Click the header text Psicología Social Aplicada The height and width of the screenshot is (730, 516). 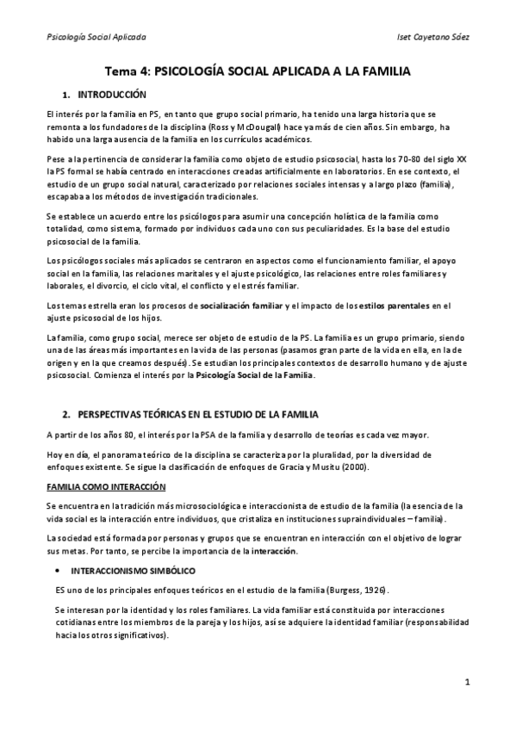[x=95, y=39]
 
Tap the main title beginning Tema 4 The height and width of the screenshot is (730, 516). [x=258, y=74]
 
